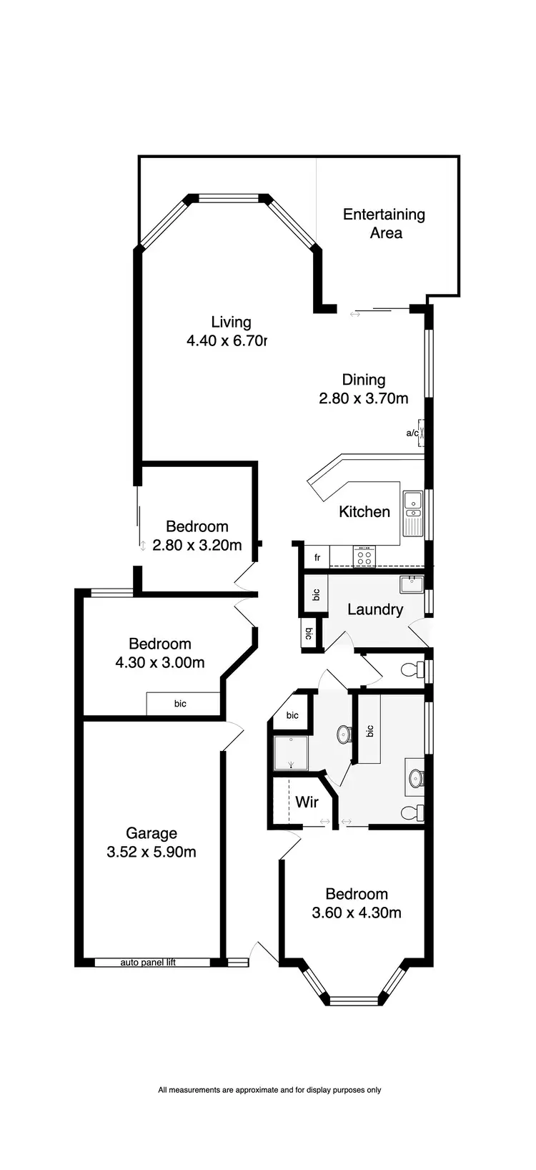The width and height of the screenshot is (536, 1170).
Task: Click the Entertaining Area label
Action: click(x=384, y=224)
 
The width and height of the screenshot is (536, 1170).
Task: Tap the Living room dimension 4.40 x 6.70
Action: click(x=226, y=341)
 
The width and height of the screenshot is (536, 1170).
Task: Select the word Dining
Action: click(x=363, y=380)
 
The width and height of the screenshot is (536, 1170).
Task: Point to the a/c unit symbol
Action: click(x=422, y=433)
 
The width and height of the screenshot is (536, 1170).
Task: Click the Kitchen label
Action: click(x=364, y=512)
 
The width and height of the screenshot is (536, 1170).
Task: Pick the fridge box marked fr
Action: click(x=317, y=557)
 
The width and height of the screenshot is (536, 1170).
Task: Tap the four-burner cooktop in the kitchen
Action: click(x=364, y=556)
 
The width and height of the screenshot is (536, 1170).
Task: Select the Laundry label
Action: click(x=375, y=609)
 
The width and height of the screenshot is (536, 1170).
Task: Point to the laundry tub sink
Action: click(x=412, y=584)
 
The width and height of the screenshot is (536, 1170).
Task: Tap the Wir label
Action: click(x=307, y=802)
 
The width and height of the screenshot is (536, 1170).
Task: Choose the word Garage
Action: click(x=152, y=833)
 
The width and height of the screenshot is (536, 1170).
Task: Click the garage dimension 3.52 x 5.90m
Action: click(x=152, y=852)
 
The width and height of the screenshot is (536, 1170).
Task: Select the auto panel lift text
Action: click(x=148, y=963)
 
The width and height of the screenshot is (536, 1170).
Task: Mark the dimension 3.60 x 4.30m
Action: click(x=357, y=913)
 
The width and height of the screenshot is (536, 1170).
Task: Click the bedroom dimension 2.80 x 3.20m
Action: click(x=197, y=545)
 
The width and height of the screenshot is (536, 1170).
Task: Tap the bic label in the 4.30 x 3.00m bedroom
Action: click(x=180, y=704)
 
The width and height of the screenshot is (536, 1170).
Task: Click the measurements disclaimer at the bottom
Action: click(x=269, y=1090)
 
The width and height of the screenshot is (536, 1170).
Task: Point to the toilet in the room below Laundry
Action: click(x=410, y=671)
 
